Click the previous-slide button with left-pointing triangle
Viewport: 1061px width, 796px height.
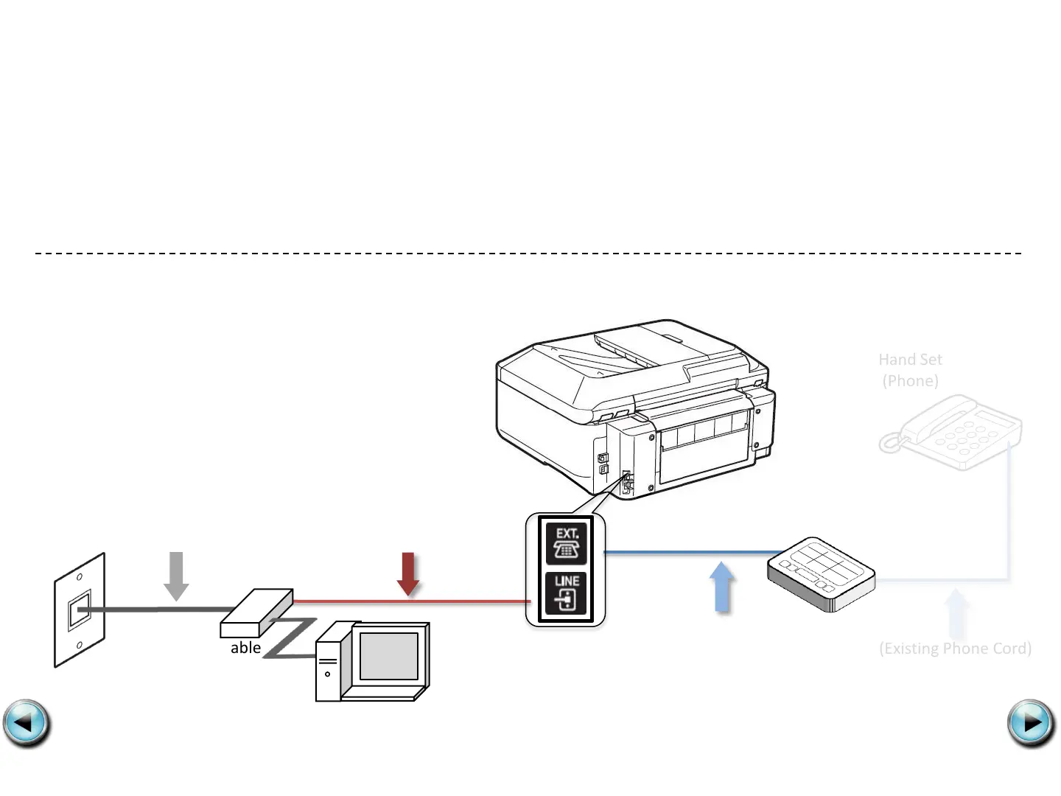27,723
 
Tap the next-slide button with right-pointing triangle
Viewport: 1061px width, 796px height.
1031,723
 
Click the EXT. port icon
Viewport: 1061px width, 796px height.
566,543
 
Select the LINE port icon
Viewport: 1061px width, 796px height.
566,593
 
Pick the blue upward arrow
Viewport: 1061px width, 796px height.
722,587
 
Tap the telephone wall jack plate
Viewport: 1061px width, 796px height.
80,610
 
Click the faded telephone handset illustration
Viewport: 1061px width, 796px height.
951,433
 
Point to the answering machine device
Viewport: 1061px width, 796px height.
821,574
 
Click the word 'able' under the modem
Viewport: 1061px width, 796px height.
245,648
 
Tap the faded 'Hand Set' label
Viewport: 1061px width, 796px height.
910,360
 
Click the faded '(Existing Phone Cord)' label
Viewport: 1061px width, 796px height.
955,649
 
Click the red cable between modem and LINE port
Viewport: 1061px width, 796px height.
413,601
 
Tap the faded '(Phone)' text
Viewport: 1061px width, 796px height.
910,381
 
